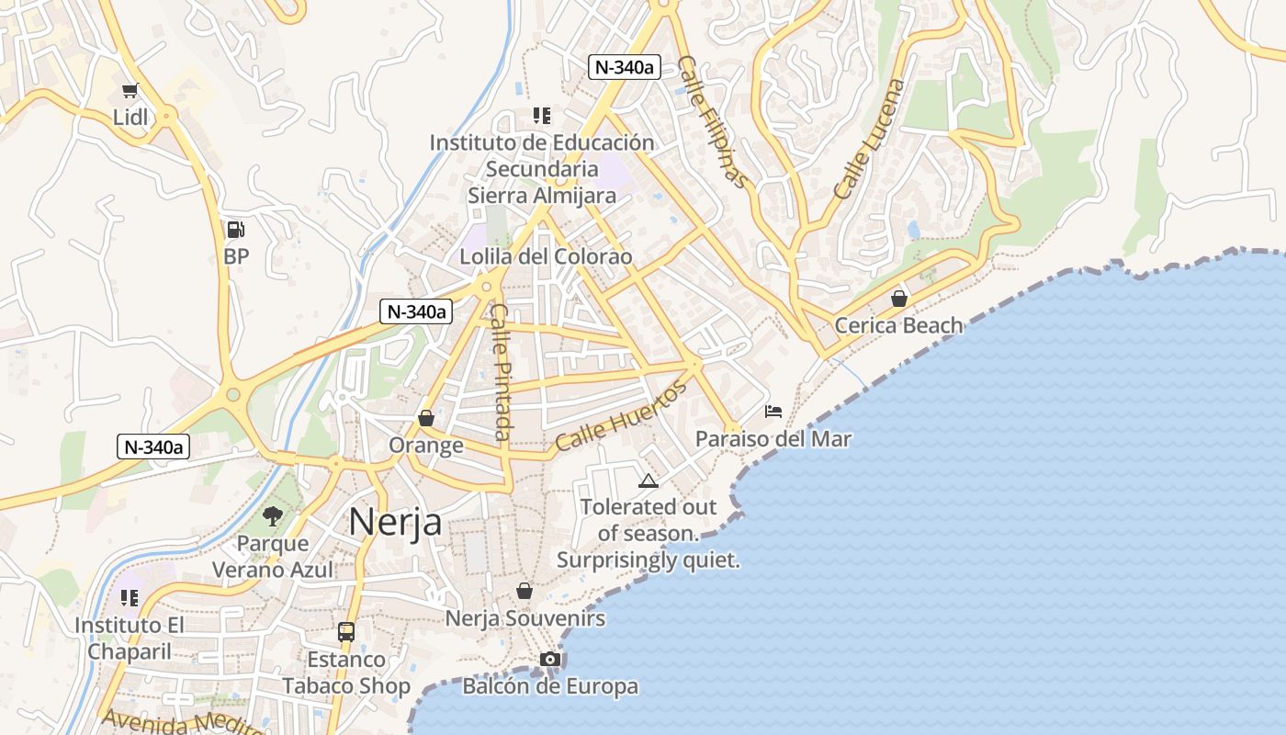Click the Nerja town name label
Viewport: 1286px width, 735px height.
point(395,522)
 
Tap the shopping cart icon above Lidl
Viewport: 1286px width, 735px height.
point(130,90)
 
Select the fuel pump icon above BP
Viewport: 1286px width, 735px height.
point(236,230)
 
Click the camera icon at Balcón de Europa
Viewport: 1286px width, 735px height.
point(549,659)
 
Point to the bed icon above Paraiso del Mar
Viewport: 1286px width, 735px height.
point(773,411)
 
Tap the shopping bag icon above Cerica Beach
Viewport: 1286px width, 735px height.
point(898,299)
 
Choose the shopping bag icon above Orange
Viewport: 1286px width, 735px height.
point(425,418)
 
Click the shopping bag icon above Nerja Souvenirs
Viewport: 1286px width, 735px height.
point(525,591)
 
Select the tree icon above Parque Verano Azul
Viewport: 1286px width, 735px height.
point(272,515)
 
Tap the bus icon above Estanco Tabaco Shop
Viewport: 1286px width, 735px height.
point(346,632)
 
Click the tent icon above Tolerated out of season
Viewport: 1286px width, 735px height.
point(649,481)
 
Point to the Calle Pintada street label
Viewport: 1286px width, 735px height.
point(502,371)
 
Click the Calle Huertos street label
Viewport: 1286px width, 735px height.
point(620,416)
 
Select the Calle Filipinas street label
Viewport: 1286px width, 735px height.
point(712,121)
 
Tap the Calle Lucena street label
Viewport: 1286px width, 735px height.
point(869,139)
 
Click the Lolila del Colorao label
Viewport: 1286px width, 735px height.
point(546,256)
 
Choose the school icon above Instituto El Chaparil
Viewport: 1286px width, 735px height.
point(130,598)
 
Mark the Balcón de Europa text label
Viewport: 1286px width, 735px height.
point(549,686)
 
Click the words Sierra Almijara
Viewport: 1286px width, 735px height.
point(542,195)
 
